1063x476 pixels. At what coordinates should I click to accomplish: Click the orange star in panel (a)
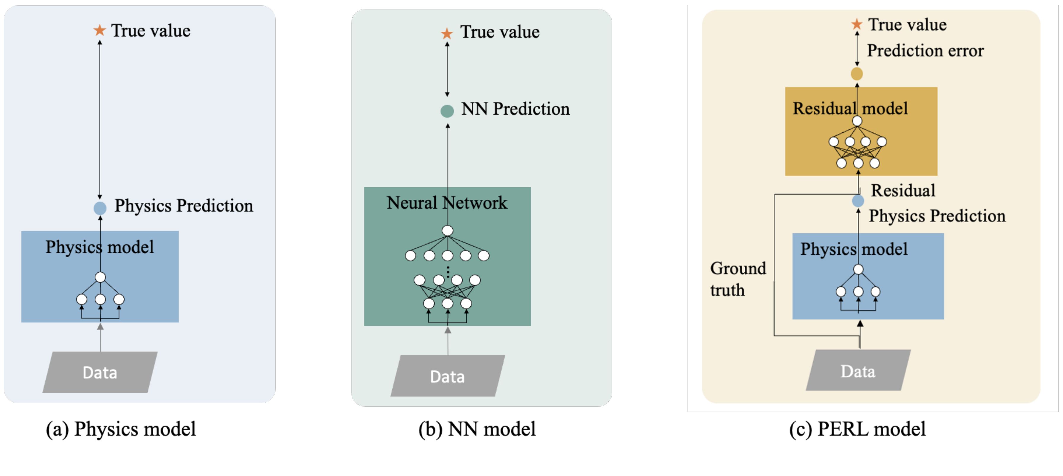tap(99, 30)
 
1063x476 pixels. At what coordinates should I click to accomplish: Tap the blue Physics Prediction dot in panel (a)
tap(100, 208)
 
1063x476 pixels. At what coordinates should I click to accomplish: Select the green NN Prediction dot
tap(447, 111)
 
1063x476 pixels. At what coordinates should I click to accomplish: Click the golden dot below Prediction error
tap(857, 74)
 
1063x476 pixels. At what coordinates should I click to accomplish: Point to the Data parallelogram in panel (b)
tap(447, 376)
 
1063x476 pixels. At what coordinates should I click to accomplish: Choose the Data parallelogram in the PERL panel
tap(858, 370)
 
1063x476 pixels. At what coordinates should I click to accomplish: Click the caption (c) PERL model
tap(857, 429)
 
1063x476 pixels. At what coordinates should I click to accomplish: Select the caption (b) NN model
tap(477, 429)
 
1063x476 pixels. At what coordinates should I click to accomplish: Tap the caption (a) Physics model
tap(120, 429)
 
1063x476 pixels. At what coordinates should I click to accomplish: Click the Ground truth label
tap(737, 279)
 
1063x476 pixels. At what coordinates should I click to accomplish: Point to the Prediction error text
tap(925, 50)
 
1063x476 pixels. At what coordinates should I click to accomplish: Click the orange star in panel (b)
tap(446, 33)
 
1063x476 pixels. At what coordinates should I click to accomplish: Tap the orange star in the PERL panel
tap(857, 24)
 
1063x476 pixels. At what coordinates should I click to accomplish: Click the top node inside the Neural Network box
tap(447, 230)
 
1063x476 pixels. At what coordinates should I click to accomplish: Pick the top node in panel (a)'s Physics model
tap(100, 277)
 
